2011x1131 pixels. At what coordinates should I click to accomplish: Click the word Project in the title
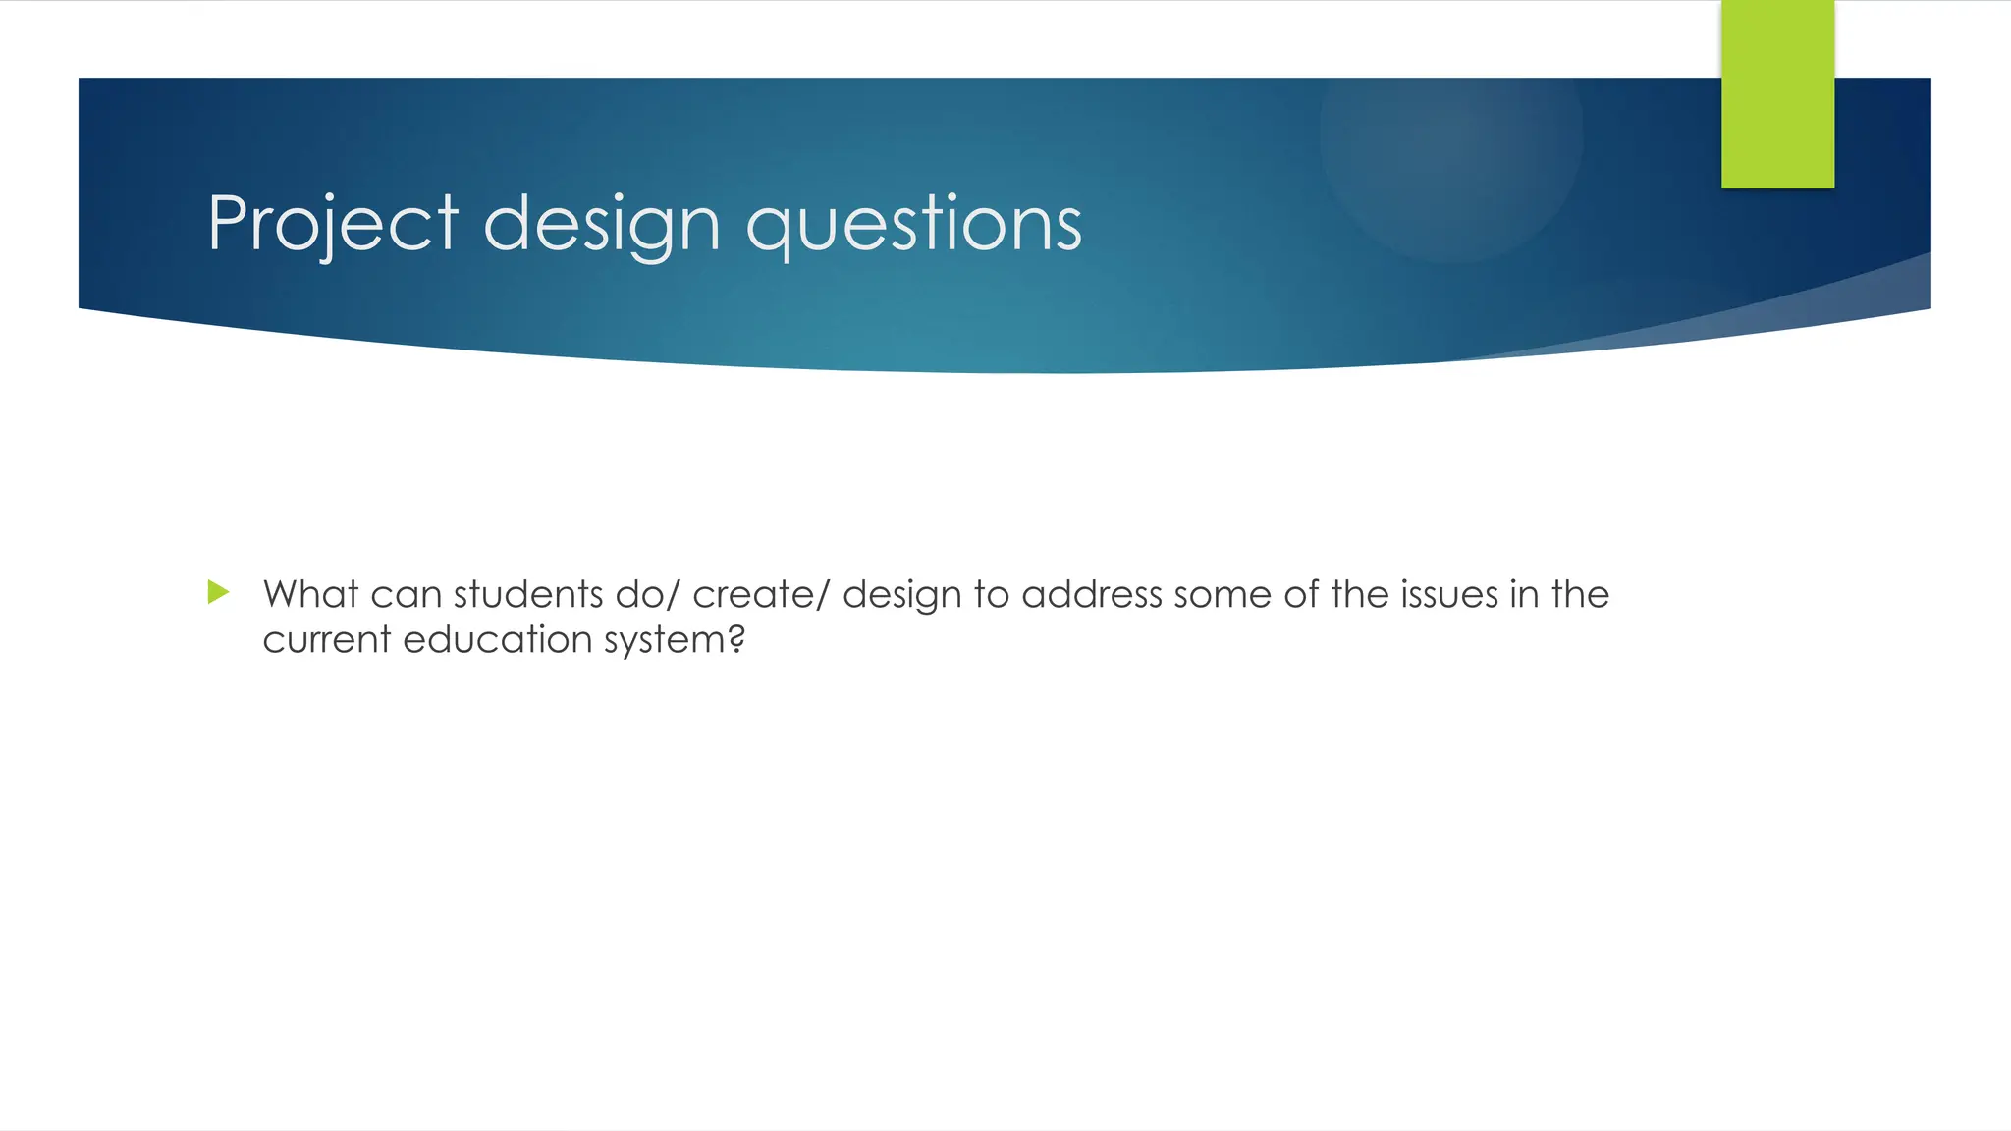coord(333,225)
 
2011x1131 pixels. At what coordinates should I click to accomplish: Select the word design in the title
coord(602,225)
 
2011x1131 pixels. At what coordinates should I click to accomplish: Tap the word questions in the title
coord(913,225)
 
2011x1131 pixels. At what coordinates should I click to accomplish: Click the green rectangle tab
coord(1777,94)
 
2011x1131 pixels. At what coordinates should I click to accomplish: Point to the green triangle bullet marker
coord(218,592)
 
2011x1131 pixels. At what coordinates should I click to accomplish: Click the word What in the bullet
coord(310,594)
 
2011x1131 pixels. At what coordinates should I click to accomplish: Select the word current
coord(327,639)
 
